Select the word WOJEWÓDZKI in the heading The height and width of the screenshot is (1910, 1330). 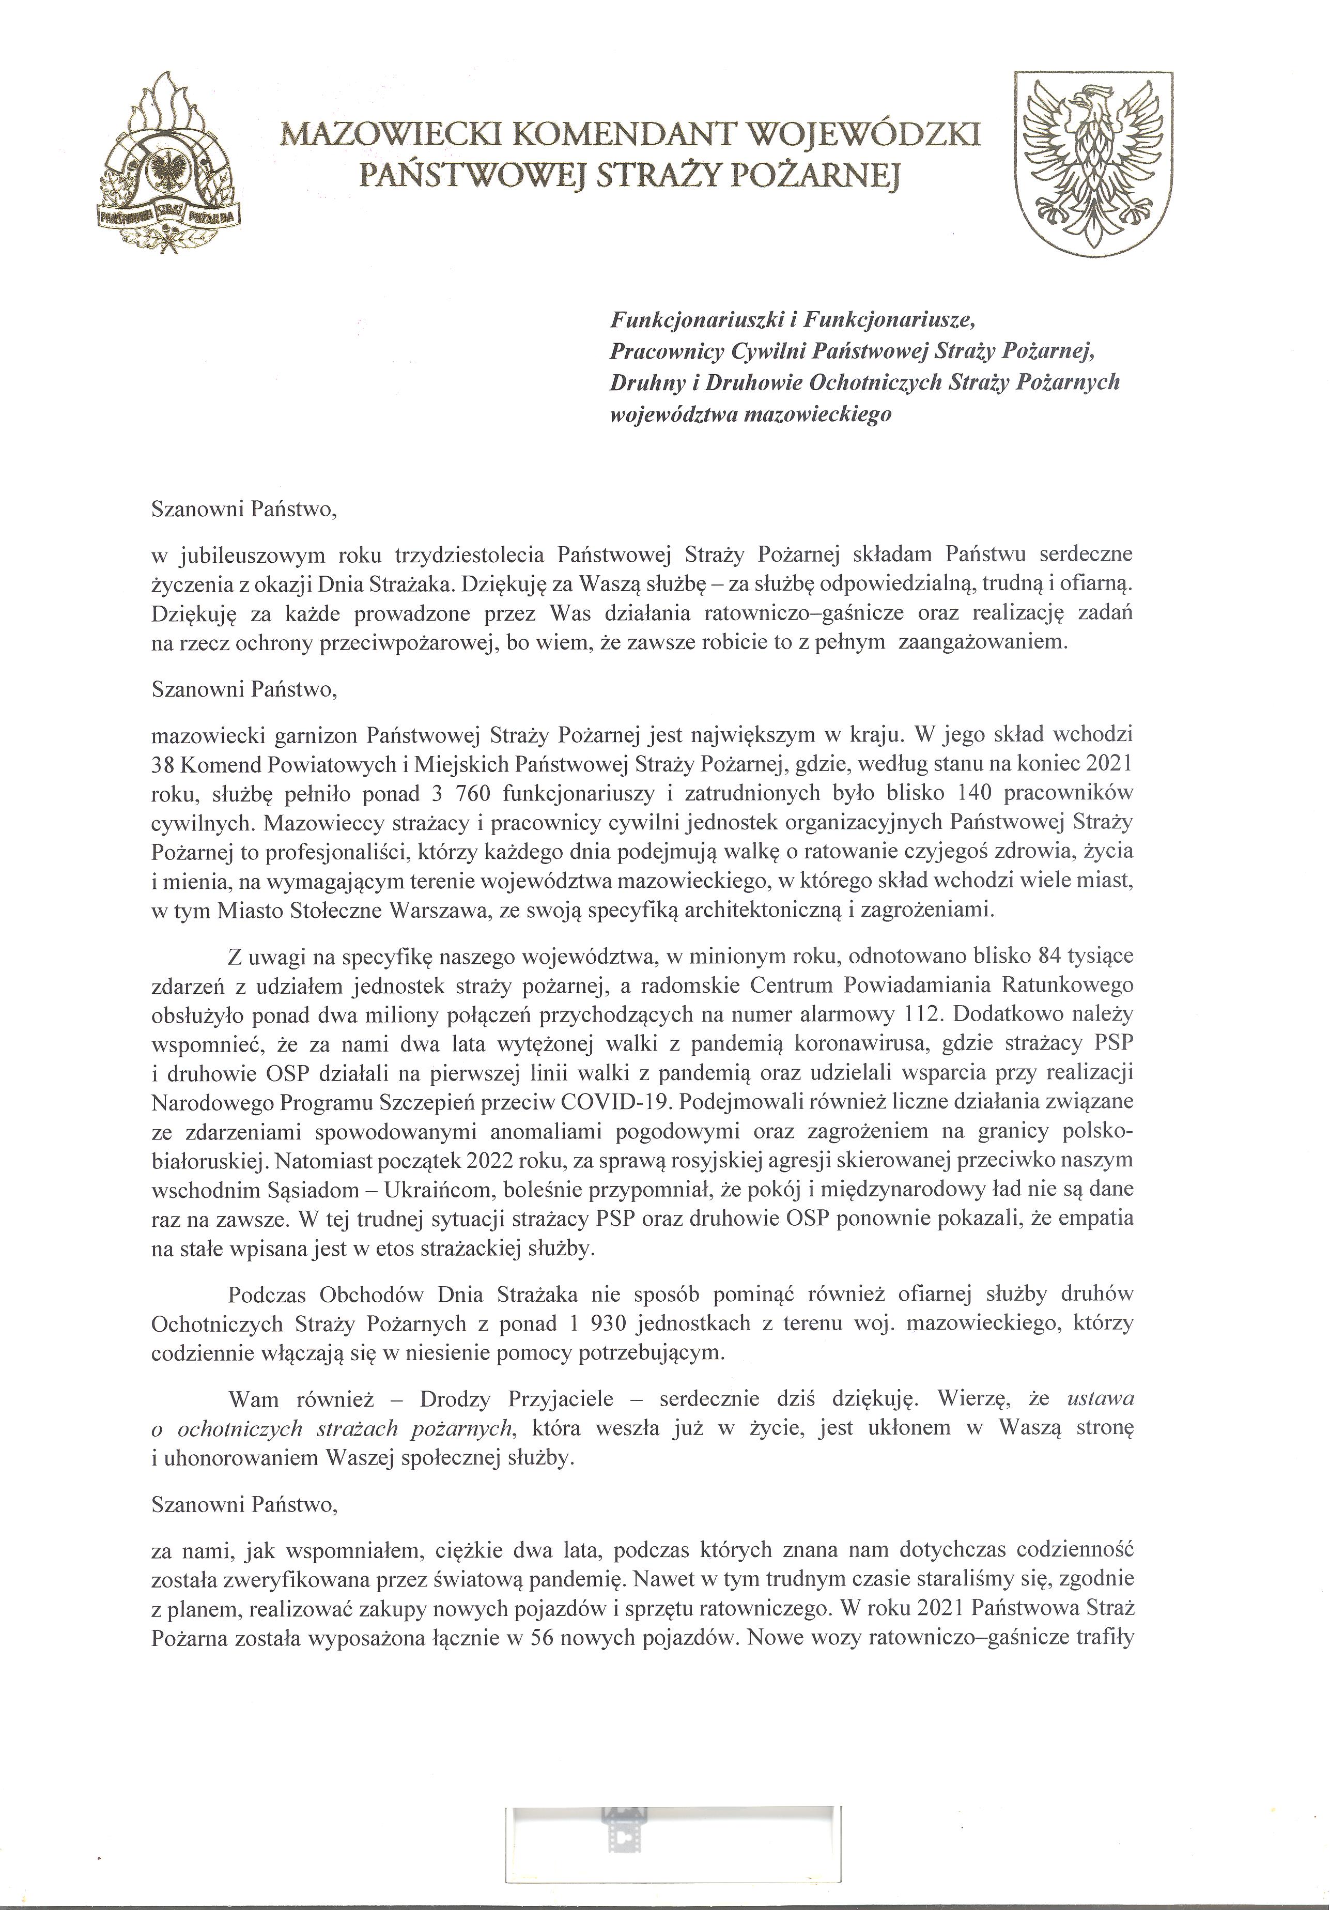coord(865,134)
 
